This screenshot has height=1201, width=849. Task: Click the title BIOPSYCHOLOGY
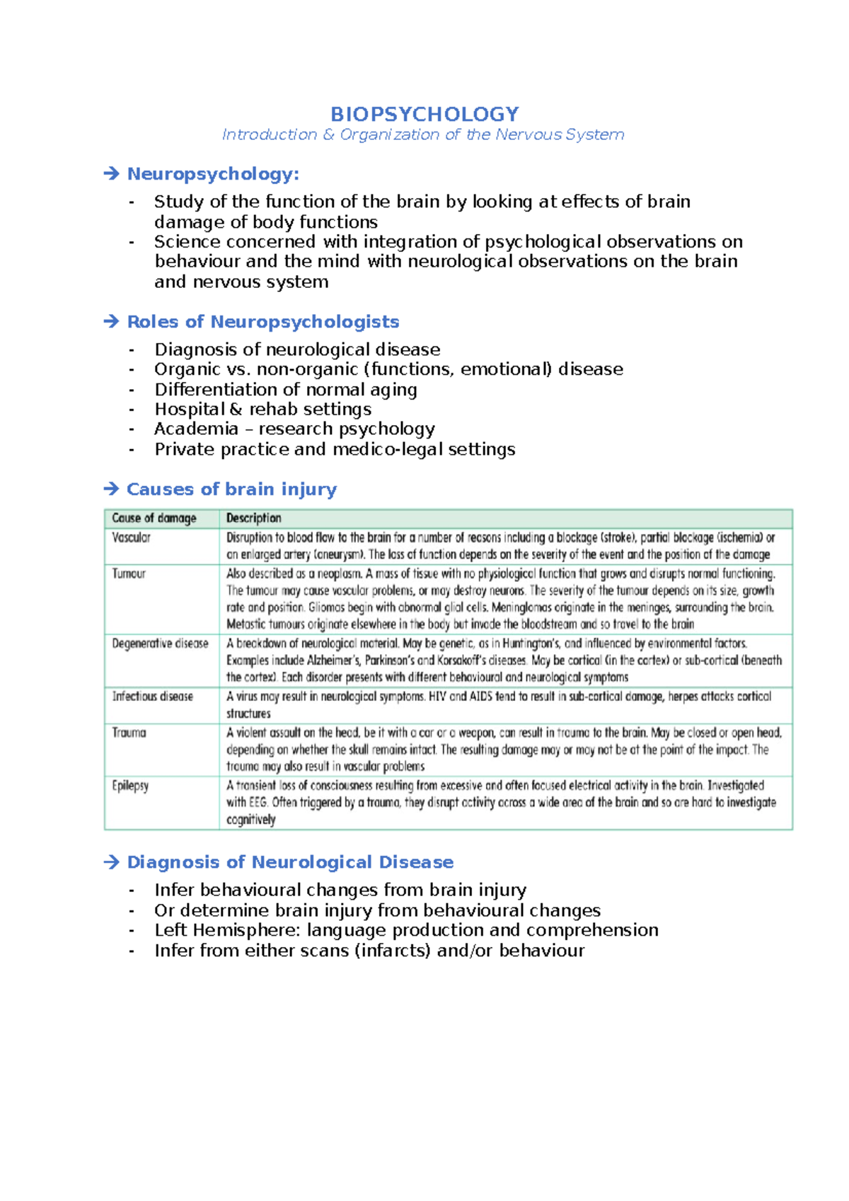click(424, 114)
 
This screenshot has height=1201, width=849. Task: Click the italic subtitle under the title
click(423, 134)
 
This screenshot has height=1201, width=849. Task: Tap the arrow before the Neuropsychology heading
click(111, 173)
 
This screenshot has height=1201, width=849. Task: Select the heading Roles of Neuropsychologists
click(262, 322)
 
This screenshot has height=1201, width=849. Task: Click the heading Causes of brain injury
click(231, 489)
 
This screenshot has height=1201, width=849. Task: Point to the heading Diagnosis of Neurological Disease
click(290, 861)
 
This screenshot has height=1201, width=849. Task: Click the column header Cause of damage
click(154, 518)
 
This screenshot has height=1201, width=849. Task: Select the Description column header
click(253, 518)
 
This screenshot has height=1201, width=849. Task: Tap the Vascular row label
click(131, 538)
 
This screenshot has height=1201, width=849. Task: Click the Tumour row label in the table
click(129, 574)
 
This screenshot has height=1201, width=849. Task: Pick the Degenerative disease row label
click(160, 644)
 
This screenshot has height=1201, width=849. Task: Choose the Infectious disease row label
click(152, 697)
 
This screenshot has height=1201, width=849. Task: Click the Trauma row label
click(129, 733)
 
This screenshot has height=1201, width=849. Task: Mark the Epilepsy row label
click(130, 786)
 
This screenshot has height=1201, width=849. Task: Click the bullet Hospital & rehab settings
click(262, 409)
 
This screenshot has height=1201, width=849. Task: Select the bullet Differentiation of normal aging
click(286, 389)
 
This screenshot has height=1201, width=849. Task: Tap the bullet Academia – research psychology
click(294, 429)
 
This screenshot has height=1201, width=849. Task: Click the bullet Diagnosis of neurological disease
click(297, 349)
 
